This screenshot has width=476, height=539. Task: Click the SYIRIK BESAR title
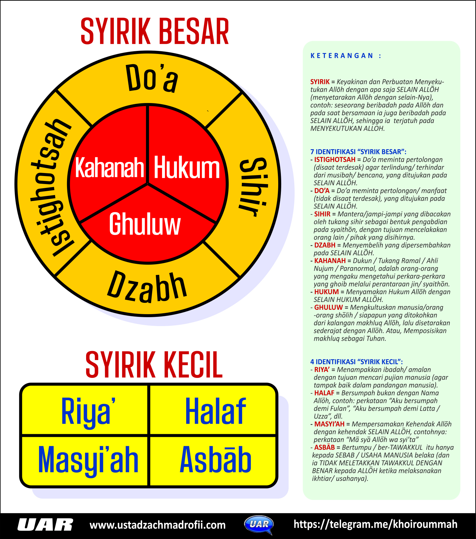(x=155, y=32)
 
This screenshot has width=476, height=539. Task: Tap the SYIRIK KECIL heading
(x=154, y=365)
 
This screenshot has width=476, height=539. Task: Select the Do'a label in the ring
(x=152, y=78)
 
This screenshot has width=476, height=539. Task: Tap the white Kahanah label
(x=109, y=167)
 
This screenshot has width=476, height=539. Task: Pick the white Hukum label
(x=187, y=168)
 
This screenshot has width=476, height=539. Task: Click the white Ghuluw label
(x=145, y=224)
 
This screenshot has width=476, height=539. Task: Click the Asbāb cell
(x=215, y=460)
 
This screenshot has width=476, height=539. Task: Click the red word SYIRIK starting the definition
(x=320, y=82)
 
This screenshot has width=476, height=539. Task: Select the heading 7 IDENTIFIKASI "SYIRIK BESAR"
(x=358, y=152)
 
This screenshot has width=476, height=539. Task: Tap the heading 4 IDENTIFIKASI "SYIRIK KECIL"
(x=357, y=362)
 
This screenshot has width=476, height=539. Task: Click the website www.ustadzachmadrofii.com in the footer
(x=158, y=525)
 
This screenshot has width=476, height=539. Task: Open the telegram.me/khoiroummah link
(x=375, y=524)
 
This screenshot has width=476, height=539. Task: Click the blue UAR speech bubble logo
(x=259, y=524)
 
